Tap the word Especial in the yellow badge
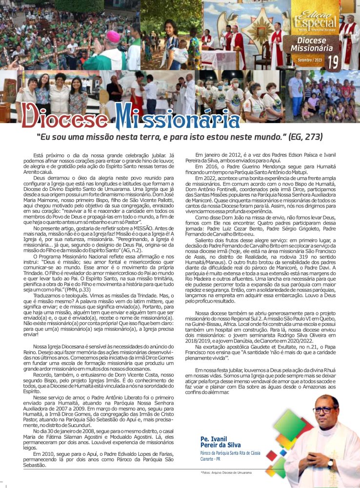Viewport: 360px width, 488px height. click(x=315, y=22)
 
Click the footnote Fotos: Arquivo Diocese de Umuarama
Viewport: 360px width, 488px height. click(x=226, y=473)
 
